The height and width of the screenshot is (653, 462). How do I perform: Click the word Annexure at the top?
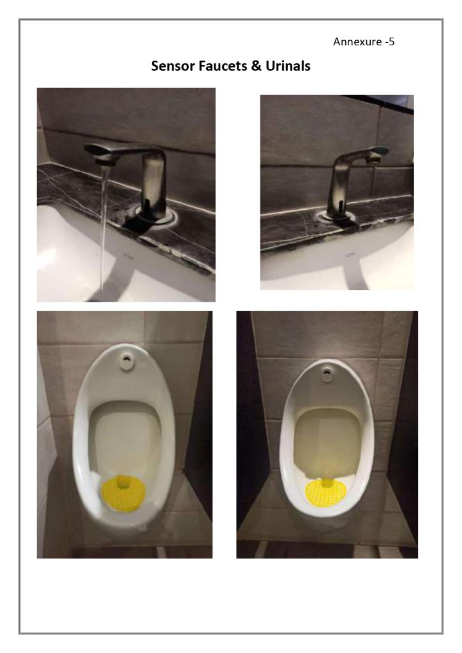[357, 41]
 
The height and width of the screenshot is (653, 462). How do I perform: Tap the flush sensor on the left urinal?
[126, 361]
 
